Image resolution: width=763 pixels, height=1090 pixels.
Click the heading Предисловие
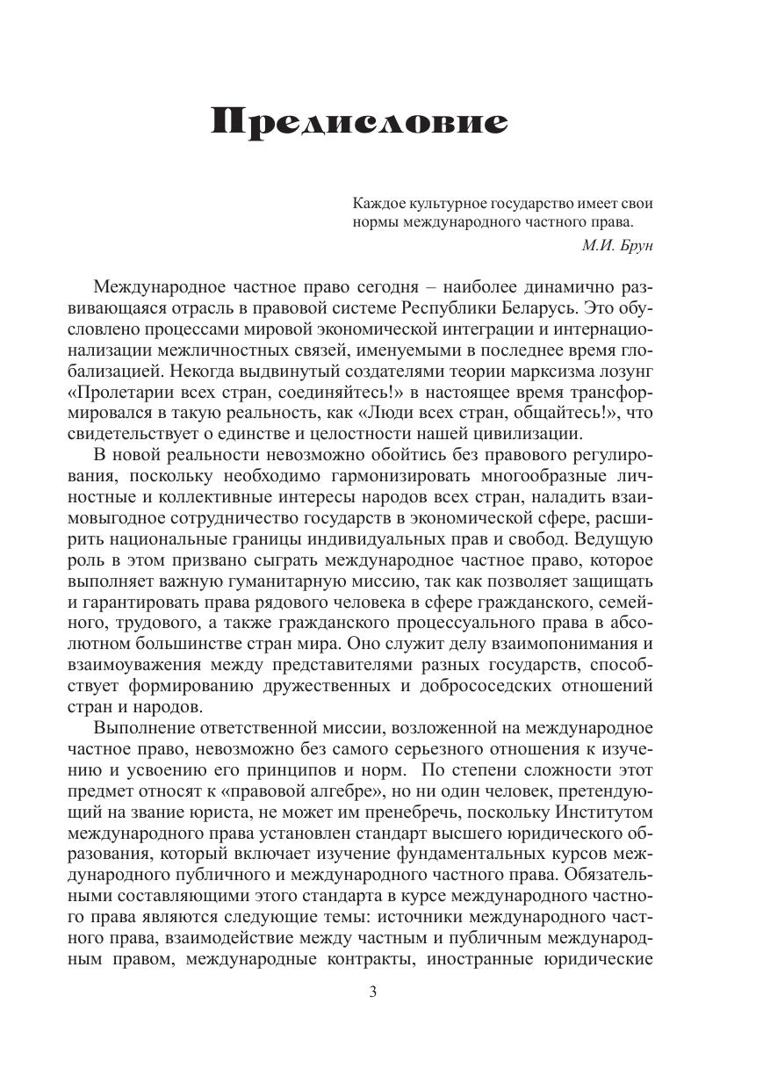[359, 122]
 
